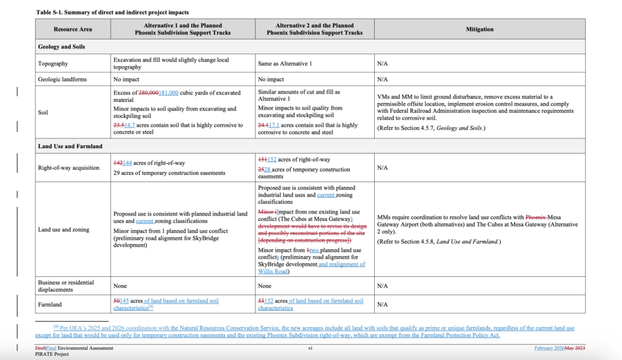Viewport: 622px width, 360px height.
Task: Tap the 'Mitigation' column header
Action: click(x=479, y=29)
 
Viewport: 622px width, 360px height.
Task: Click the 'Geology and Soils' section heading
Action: click(x=61, y=47)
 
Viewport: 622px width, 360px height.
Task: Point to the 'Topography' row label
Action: click(x=53, y=63)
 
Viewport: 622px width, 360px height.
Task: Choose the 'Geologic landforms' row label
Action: click(x=61, y=79)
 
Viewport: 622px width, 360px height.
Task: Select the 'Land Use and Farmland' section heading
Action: click(x=70, y=146)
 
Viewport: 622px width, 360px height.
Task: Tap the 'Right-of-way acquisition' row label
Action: click(x=68, y=168)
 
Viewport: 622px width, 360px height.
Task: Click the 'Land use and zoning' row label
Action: click(x=64, y=230)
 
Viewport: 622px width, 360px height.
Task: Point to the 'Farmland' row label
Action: click(x=50, y=304)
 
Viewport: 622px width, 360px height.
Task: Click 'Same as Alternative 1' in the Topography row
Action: click(x=285, y=63)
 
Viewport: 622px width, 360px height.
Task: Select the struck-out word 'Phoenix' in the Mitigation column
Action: click(x=535, y=217)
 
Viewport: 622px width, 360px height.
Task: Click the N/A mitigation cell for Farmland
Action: click(x=382, y=304)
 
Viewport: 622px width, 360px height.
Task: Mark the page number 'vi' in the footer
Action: click(x=310, y=348)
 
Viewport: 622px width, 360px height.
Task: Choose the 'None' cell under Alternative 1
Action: click(x=120, y=285)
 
